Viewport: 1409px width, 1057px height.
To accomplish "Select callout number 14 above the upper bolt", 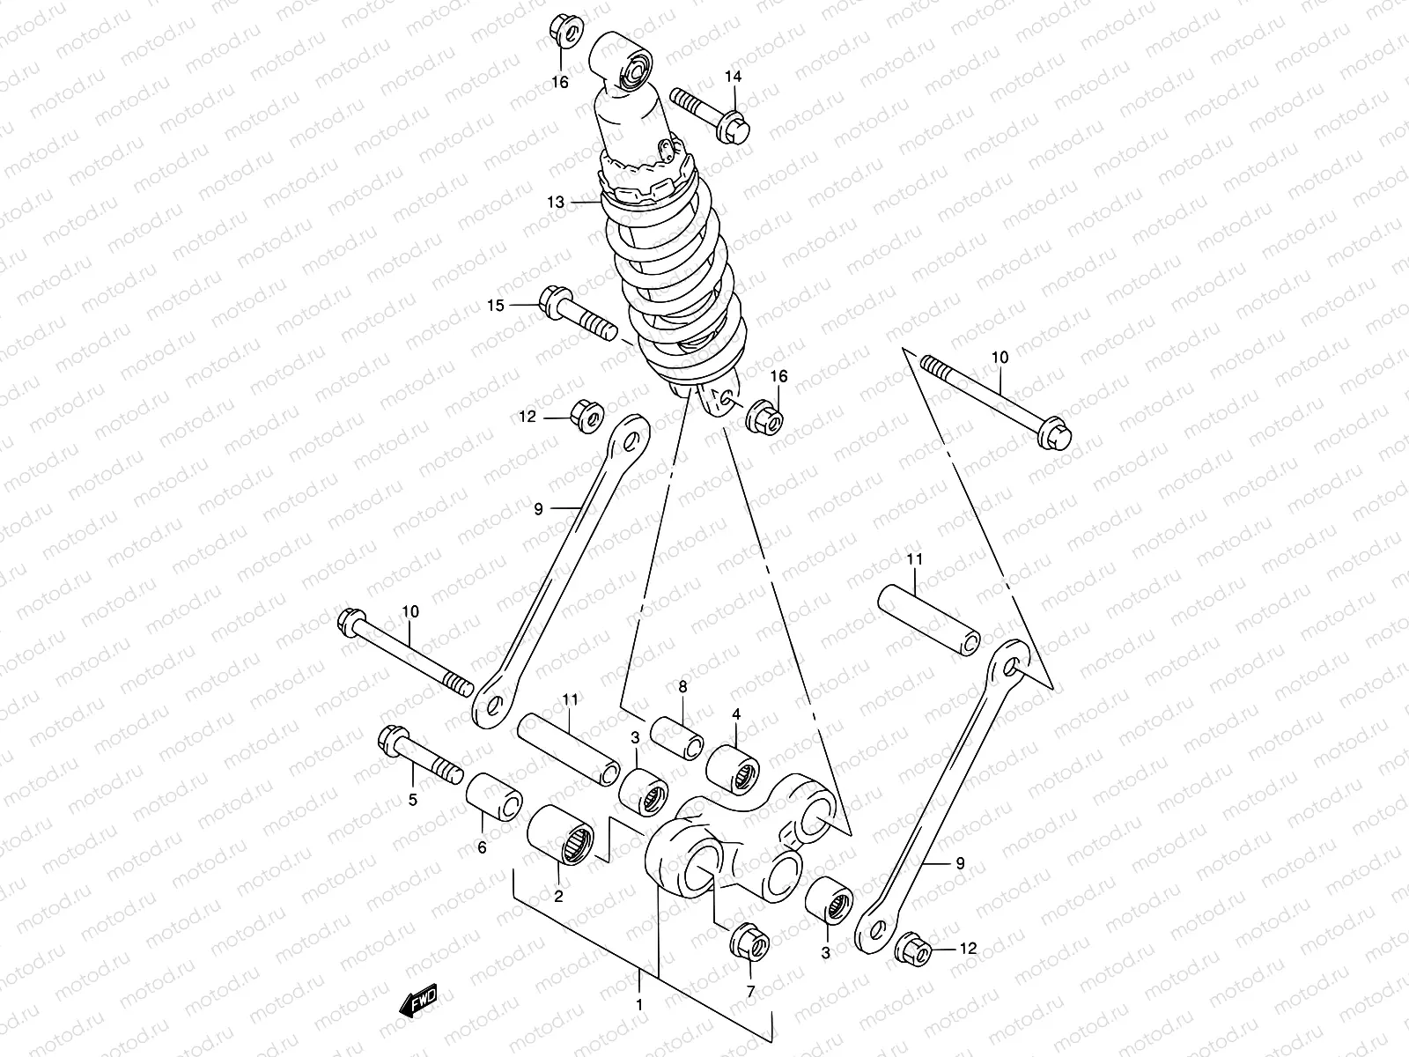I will [x=734, y=77].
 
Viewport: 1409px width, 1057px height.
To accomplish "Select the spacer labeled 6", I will [x=494, y=796].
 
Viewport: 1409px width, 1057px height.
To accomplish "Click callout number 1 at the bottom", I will [x=640, y=1005].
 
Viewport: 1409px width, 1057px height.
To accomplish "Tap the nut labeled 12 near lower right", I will [x=911, y=950].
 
